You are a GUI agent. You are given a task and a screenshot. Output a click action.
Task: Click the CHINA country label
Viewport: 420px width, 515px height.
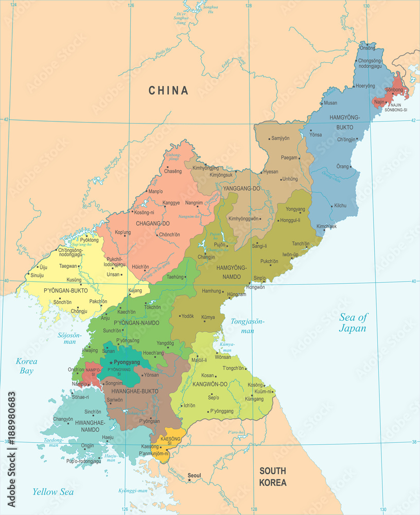point(168,91)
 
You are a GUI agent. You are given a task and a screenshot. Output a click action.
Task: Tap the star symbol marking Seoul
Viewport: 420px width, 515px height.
point(189,480)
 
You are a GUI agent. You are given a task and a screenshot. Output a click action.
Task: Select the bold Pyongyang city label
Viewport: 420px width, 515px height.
point(127,363)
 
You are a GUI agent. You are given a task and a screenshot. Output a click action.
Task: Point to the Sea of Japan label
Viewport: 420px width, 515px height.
point(353,323)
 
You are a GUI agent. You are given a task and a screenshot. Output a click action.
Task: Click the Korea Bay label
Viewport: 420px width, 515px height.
point(26,365)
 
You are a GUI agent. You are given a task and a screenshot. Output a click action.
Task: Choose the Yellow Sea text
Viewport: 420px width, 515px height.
point(53,492)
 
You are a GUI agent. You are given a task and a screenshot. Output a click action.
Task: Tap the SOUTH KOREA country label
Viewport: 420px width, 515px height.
point(273,476)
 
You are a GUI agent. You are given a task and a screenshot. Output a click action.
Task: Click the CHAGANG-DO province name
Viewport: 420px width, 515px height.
point(152,224)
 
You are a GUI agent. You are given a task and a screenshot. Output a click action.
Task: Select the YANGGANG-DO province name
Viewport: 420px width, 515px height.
point(241,188)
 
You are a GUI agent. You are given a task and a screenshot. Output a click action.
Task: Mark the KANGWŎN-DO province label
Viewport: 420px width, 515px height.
point(209,384)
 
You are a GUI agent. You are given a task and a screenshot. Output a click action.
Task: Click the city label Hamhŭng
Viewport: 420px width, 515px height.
point(211,291)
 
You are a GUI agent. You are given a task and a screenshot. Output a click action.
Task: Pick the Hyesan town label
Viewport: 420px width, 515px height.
point(270,172)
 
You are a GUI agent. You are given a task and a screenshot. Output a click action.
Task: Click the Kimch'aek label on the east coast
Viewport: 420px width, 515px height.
point(326,227)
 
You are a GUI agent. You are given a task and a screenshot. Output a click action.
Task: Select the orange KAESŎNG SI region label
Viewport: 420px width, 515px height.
point(170,440)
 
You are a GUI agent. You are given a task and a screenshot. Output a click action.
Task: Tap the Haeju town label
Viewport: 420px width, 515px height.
point(108,437)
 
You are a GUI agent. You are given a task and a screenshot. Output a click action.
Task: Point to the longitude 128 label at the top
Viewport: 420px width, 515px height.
point(249,6)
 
